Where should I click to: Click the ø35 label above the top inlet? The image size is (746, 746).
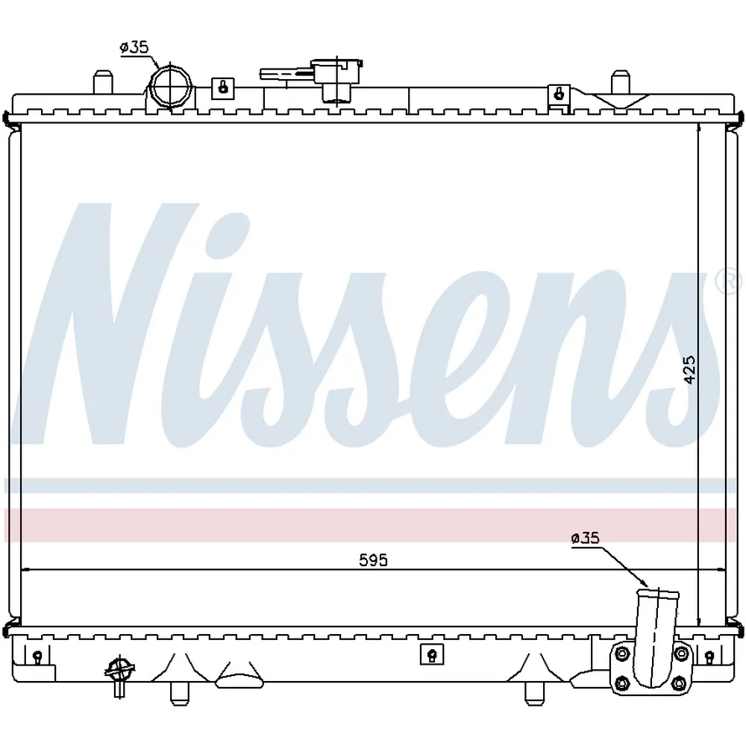pos(134,48)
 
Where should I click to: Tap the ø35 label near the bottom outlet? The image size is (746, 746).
pos(585,538)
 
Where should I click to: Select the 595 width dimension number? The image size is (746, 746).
pos(374,560)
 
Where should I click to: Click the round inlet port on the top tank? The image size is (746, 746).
pos(171,86)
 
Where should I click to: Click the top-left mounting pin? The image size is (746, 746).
pos(103,83)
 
